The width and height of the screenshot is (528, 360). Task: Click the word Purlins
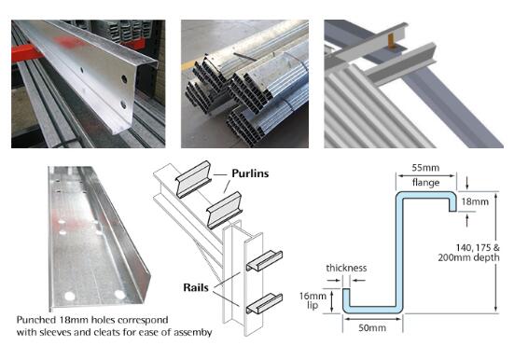[250, 173]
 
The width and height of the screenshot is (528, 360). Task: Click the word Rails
[196, 287]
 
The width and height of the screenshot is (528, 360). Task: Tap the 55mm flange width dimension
[425, 168]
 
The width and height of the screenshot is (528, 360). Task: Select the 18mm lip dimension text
[475, 201]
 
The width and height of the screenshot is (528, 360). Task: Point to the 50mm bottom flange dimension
[372, 327]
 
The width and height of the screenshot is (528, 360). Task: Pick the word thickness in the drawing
[346, 268]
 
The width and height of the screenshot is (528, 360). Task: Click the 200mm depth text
[468, 258]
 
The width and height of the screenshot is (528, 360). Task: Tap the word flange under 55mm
[425, 183]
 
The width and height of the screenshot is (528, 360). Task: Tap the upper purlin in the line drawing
[193, 179]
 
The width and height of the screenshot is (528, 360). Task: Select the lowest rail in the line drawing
[264, 303]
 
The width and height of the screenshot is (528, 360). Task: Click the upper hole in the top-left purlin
[124, 79]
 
